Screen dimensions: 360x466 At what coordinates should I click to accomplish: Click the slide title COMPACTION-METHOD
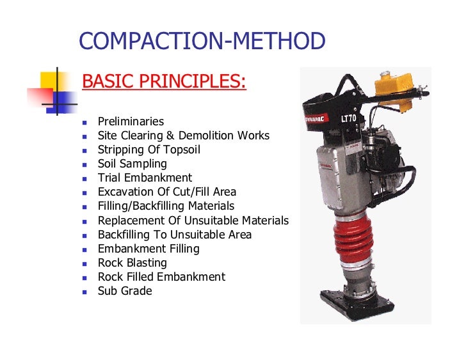coord(202,42)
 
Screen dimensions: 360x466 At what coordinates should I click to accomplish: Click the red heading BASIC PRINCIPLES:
coord(165,82)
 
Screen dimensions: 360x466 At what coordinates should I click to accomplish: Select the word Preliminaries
coord(131,121)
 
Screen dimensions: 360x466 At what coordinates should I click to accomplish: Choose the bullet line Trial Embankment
coord(145,178)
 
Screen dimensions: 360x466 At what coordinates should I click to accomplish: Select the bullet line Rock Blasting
coord(132,263)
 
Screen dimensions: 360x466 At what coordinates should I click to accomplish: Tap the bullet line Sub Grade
coord(125,291)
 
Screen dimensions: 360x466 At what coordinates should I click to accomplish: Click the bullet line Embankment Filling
coord(149,249)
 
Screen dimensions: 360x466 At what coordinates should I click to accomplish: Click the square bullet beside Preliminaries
coord(84,122)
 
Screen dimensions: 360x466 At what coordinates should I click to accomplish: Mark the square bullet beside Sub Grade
coord(84,292)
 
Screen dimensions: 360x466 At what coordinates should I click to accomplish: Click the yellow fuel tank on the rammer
coord(392,83)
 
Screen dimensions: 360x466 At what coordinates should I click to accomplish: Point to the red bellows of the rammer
coord(353,236)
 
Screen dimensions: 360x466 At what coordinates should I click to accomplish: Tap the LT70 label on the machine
coord(349,120)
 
